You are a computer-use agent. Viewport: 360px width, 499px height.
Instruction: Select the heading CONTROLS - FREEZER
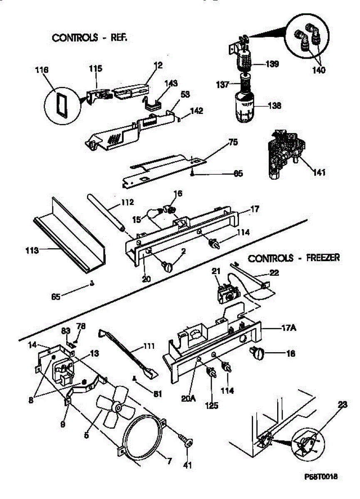tap(294, 258)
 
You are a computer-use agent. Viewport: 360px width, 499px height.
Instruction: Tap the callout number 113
tap(32, 250)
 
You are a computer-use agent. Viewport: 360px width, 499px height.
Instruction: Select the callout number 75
tap(233, 142)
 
